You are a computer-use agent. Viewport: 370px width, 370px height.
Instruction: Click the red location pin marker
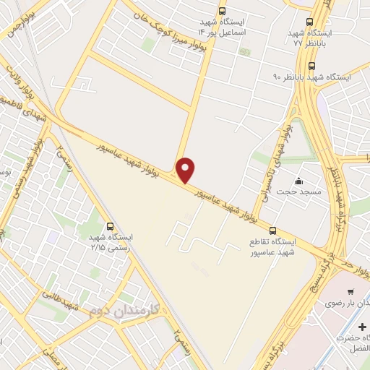(x=186, y=169)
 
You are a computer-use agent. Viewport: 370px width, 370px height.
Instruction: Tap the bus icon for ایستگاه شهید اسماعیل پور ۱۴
(x=221, y=11)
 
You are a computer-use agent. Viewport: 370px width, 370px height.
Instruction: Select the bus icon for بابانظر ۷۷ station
(x=310, y=22)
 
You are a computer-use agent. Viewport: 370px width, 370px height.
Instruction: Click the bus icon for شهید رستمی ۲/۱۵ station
(x=110, y=226)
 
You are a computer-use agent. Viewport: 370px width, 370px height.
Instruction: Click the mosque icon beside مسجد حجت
(x=298, y=181)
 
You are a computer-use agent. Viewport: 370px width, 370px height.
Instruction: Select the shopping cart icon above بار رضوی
(x=351, y=292)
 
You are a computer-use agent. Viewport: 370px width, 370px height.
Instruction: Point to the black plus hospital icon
(x=362, y=327)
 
